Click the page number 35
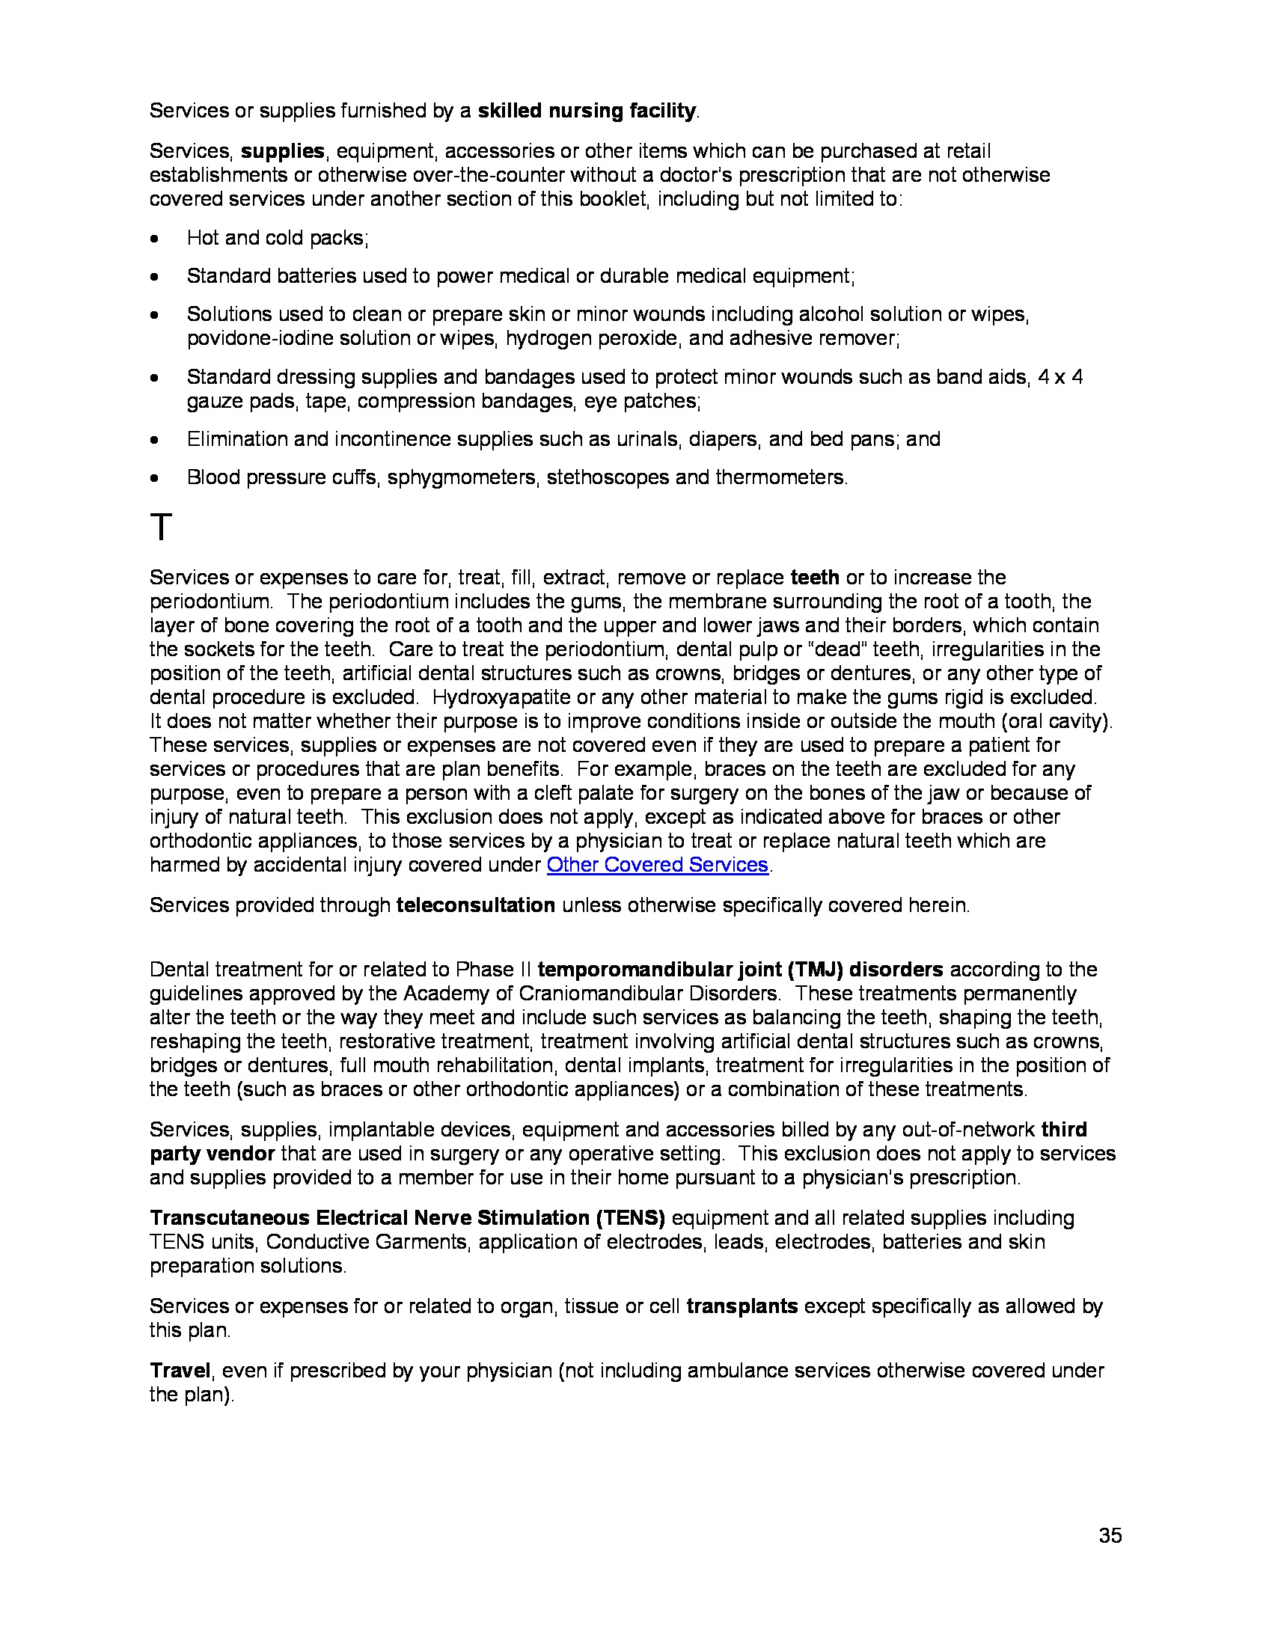tap(1110, 1535)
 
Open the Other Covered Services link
tap(657, 864)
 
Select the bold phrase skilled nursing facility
tap(587, 111)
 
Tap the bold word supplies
tap(283, 150)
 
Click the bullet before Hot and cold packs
tap(154, 239)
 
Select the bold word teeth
tap(815, 578)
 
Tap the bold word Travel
tap(180, 1370)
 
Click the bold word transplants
tap(742, 1306)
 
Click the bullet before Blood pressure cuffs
tap(154, 479)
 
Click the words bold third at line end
tap(1064, 1129)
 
